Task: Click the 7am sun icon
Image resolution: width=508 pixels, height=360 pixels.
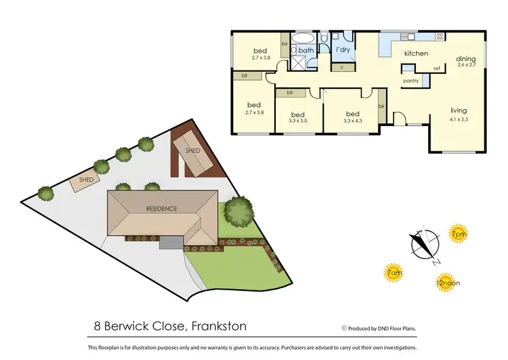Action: click(x=394, y=273)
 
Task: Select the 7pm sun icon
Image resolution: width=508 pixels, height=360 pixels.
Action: click(x=459, y=235)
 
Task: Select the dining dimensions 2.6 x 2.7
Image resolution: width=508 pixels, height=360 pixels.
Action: click(x=466, y=66)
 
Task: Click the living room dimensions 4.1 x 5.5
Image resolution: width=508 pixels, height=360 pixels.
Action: click(x=459, y=119)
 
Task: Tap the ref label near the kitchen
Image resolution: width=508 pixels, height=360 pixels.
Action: click(x=438, y=69)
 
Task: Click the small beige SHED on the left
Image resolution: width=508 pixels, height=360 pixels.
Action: click(x=85, y=180)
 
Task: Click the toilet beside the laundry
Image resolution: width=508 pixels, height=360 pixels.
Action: click(x=324, y=37)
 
